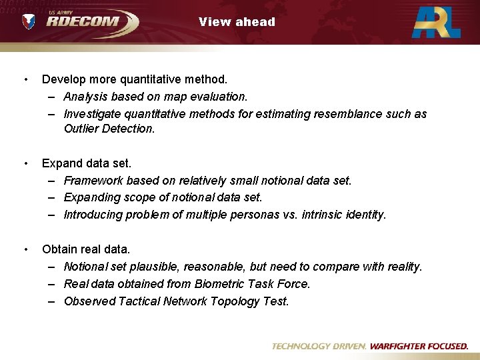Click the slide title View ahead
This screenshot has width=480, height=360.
pos(237,22)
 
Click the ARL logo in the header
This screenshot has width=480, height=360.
pos(436,22)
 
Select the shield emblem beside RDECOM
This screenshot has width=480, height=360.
pos(29,22)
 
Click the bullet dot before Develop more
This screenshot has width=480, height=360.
pos(25,80)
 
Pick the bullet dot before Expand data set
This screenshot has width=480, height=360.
pos(25,163)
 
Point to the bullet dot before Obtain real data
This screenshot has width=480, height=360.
pos(25,250)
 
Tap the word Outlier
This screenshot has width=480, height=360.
pos(81,129)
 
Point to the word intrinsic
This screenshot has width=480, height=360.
pos(319,215)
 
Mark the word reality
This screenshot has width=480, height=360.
pos(403,267)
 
